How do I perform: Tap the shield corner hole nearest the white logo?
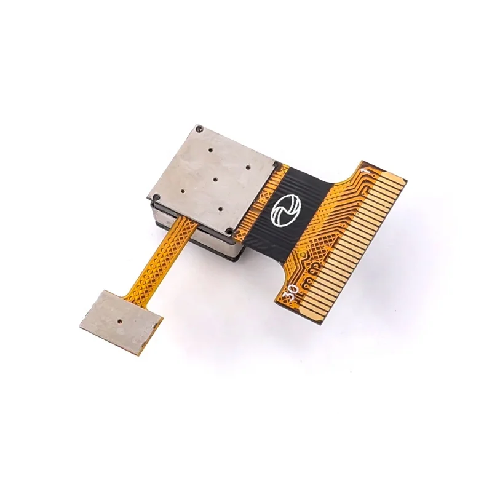click(x=229, y=232)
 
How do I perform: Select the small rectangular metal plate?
click(x=121, y=321)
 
